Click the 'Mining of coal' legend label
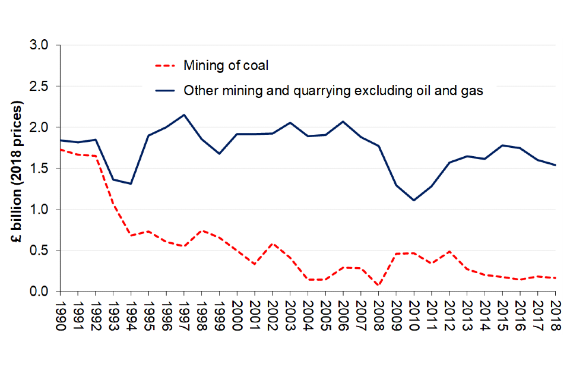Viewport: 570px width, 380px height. click(x=226, y=65)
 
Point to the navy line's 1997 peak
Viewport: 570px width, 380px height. click(x=184, y=115)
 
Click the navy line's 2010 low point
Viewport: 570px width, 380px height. click(x=414, y=200)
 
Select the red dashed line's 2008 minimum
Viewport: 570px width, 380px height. click(x=378, y=286)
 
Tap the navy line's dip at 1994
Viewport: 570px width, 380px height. click(x=131, y=183)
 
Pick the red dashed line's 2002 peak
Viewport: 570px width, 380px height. click(x=272, y=243)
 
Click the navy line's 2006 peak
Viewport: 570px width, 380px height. click(x=343, y=122)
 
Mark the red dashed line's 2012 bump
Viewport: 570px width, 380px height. click(x=449, y=252)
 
